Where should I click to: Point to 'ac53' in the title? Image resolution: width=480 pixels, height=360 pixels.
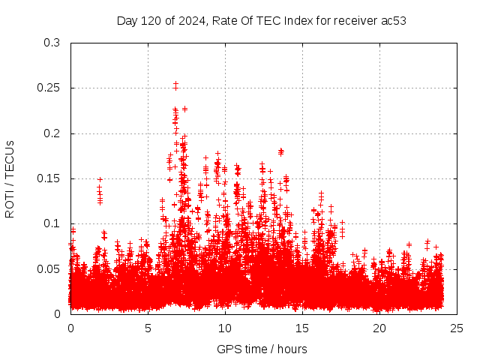pos(394,20)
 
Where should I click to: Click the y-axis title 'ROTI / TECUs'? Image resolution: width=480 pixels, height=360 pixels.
pos(10,178)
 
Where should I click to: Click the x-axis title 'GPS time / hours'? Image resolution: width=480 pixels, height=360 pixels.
pos(262,349)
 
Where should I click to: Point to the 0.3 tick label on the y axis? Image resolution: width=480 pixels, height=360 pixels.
pos(52,43)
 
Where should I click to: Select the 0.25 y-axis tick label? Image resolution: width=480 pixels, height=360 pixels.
pos(49,88)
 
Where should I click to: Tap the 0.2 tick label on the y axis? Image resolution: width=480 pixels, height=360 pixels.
pos(52,133)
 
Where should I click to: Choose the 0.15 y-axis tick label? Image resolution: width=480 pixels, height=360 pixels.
pos(49,178)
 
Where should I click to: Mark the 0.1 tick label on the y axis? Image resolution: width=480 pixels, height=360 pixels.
pos(52,223)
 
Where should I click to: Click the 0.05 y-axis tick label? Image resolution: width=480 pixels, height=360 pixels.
pos(49,268)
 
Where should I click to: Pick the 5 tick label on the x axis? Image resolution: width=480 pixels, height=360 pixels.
pos(148,328)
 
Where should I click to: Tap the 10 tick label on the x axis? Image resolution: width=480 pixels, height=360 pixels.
pos(225,328)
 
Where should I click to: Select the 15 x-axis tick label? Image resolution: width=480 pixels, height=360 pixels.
pos(302,328)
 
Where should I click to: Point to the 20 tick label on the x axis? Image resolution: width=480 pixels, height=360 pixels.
pos(379,328)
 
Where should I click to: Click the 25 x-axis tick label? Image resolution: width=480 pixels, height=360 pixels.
pos(457,328)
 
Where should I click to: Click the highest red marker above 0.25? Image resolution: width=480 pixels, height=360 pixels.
pos(175,84)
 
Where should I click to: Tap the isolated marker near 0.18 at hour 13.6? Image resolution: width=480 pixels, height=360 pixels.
pos(281,151)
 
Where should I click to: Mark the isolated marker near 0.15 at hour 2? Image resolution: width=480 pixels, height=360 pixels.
pos(100,180)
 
